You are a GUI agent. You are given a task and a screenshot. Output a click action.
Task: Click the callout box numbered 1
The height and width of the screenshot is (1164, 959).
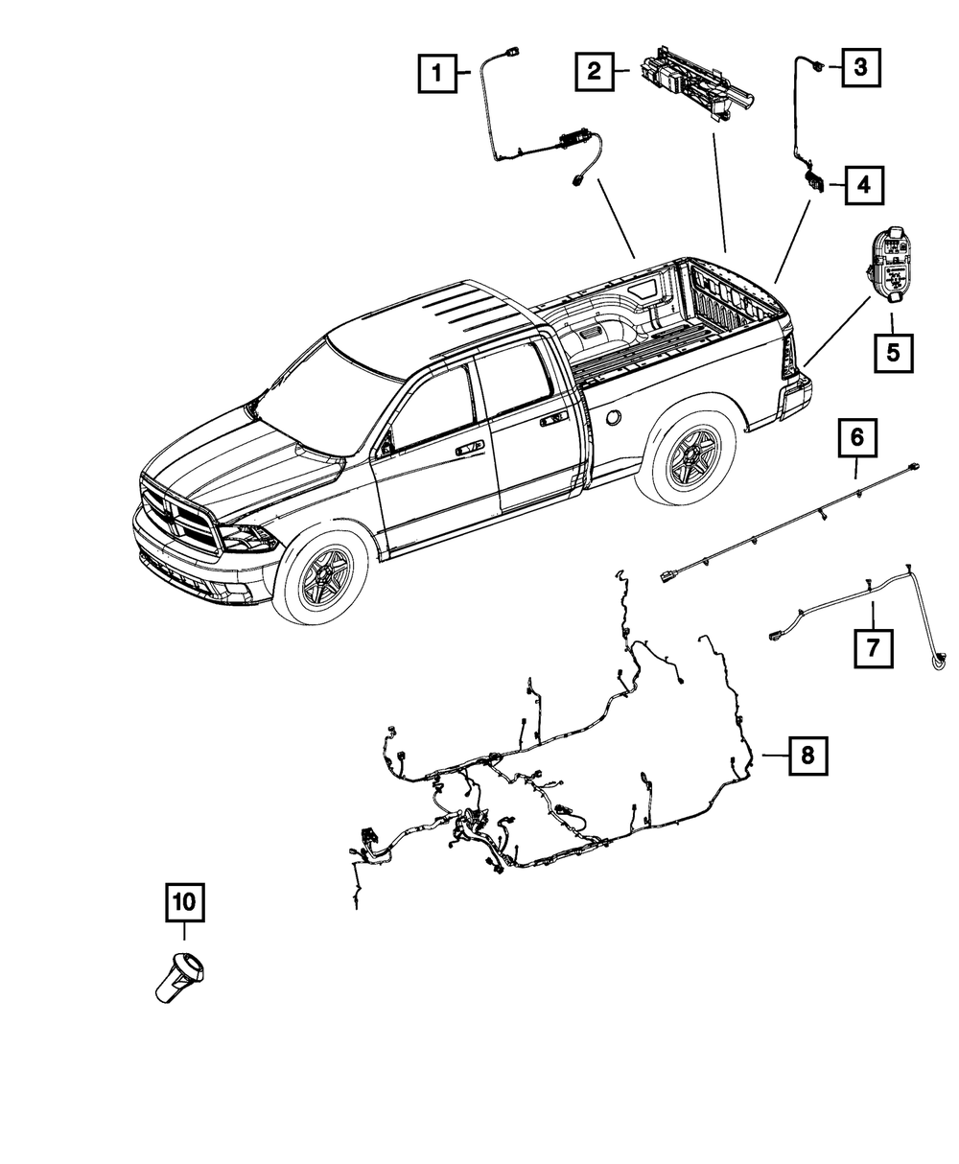pos(437,72)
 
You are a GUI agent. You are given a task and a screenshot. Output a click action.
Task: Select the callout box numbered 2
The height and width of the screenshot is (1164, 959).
pos(596,70)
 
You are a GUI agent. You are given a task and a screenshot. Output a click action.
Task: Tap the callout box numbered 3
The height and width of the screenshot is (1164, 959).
pos(860,67)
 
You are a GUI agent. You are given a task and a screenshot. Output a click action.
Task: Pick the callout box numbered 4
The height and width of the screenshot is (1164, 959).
pos(863,185)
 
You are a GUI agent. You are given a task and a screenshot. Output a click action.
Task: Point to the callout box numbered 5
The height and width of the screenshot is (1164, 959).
pos(893,353)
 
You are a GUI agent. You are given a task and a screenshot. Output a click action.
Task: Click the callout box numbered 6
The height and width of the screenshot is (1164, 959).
pos(857,438)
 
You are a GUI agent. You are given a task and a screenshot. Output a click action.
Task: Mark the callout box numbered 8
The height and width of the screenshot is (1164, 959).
pos(807,755)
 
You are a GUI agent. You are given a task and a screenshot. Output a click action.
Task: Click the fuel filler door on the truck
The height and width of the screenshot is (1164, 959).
pos(611,417)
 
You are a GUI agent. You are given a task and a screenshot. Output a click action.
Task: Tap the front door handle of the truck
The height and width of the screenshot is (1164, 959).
pos(469,448)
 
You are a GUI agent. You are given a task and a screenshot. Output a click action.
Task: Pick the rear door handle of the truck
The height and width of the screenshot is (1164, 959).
pos(552,419)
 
